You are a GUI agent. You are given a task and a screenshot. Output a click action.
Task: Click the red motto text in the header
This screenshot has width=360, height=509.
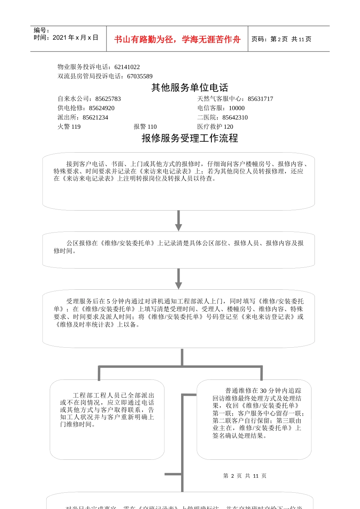177,39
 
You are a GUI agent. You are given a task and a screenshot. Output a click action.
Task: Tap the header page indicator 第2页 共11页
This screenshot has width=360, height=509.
281,39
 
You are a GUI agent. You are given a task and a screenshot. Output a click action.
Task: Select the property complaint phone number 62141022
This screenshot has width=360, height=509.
127,67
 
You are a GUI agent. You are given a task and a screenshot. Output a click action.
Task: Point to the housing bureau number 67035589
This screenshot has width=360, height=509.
140,76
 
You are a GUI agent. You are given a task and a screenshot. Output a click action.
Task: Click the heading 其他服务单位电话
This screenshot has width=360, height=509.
190,87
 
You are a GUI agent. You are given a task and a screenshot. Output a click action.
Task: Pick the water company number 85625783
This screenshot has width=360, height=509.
108,99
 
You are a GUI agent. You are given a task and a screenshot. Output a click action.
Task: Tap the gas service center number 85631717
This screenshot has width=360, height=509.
260,99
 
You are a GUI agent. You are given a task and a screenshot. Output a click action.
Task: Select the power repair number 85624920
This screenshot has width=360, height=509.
102,108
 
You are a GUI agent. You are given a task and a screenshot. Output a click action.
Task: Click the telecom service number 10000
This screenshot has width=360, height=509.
237,108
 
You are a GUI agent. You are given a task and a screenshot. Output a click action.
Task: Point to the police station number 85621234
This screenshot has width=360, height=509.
95,117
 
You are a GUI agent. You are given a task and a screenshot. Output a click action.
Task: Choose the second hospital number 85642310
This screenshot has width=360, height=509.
235,117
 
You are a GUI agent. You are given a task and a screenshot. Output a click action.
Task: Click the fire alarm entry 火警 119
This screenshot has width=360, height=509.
69,126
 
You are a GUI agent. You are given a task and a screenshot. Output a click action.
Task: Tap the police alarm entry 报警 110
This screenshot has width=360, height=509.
145,126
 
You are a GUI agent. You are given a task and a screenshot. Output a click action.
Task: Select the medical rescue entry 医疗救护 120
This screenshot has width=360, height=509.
215,126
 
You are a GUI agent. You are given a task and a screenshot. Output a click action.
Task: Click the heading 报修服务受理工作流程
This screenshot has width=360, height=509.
190,138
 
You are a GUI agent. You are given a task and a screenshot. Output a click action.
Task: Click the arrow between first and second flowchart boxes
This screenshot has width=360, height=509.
178,221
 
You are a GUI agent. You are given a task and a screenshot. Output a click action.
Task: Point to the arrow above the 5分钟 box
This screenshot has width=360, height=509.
178,279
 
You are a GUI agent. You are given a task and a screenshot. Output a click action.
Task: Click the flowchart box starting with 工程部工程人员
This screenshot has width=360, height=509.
107,419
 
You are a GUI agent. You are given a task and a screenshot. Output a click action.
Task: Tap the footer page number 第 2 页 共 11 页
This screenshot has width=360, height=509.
245,476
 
